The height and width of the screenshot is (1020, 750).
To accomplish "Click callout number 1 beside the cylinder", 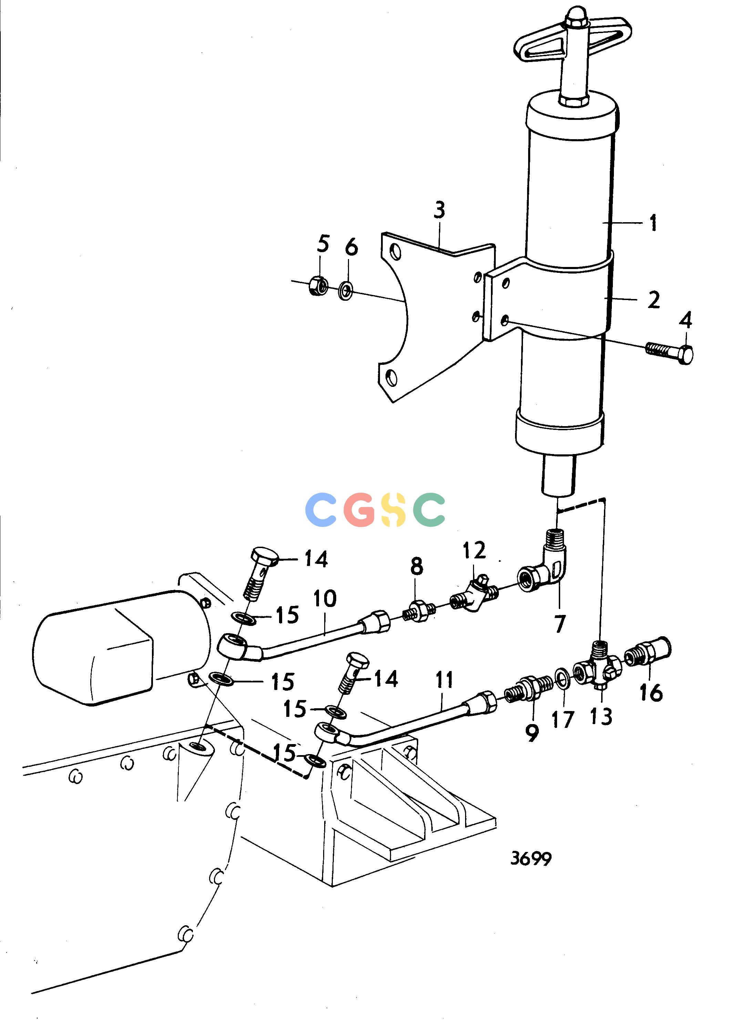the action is [653, 223].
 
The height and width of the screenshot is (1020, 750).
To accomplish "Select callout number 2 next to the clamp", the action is [654, 300].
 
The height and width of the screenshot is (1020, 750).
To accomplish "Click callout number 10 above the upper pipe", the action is [325, 599].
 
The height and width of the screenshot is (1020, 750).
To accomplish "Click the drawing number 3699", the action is [531, 858].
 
